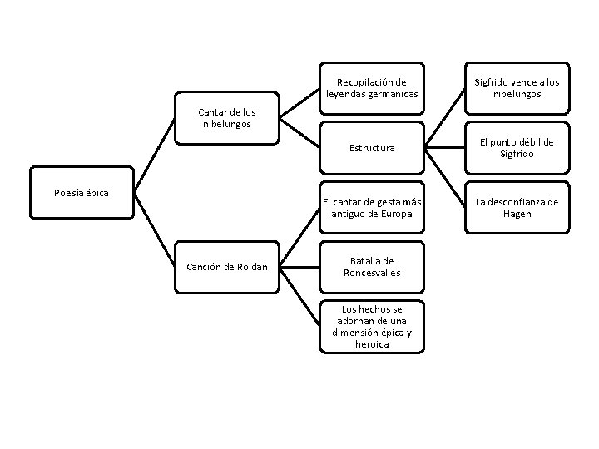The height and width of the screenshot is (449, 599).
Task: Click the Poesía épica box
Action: tap(82, 194)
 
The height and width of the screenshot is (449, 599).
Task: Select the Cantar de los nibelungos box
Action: tap(227, 118)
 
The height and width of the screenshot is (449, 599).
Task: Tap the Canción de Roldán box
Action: tap(227, 267)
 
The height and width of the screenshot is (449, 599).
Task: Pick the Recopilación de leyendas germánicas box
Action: tap(371, 88)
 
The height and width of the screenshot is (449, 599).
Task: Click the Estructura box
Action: tap(371, 148)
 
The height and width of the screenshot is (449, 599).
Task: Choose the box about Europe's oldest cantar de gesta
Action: tap(371, 208)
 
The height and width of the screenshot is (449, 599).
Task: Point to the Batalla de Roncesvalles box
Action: tap(371, 267)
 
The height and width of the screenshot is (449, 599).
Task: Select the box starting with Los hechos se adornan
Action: tap(371, 327)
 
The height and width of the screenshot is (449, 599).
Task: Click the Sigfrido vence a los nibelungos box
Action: tap(517, 88)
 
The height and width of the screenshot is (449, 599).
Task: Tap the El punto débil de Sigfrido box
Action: tap(517, 148)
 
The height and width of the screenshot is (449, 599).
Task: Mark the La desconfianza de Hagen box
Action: tap(517, 208)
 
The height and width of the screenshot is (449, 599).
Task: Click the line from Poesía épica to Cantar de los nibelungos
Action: tap(155, 155)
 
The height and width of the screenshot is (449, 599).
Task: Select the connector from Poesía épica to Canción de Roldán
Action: tap(155, 230)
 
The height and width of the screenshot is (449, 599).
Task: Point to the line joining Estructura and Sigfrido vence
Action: tap(444, 118)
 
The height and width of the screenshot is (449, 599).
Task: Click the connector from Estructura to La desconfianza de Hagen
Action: tap(444, 178)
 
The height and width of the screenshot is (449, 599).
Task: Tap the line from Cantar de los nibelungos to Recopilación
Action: tap(299, 103)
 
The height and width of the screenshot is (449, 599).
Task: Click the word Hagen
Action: tap(517, 214)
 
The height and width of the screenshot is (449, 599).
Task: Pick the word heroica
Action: tap(371, 344)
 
